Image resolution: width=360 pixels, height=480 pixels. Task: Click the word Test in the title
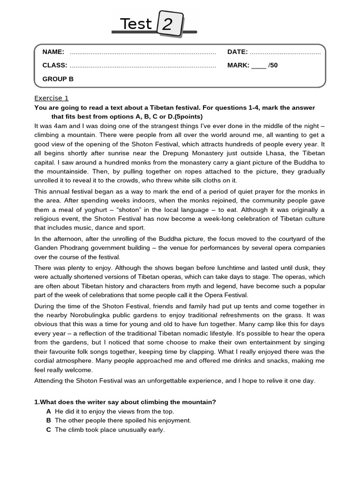coord(136,24)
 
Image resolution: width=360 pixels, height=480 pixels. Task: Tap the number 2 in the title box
coord(167,25)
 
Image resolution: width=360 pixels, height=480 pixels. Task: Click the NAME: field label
coord(53,52)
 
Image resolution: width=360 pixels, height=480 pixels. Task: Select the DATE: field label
coord(237,52)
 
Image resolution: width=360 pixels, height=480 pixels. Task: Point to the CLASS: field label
coord(55,65)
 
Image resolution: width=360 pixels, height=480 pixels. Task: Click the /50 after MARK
coord(273,65)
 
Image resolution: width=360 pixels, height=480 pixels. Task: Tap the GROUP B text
coord(58,79)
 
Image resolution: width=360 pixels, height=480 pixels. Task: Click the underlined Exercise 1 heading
coord(52,98)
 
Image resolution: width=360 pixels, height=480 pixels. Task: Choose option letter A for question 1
coord(49,411)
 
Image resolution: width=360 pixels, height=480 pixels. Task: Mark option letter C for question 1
coord(49,429)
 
